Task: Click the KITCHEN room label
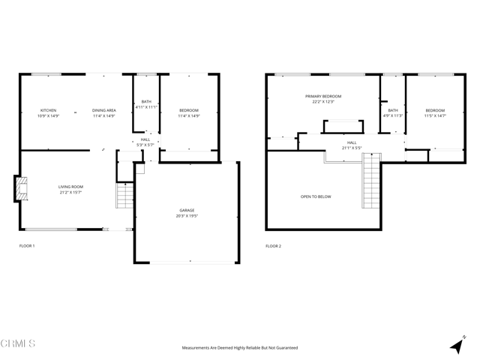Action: point(48,113)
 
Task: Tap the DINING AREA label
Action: point(104,113)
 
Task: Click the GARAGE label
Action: point(187,213)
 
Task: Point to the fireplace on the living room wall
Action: point(20,188)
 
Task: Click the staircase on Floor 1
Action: point(124,196)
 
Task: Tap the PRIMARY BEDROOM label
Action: point(322,99)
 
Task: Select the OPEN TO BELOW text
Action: point(315,196)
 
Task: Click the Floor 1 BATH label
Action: point(146,105)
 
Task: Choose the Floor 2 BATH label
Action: point(393,113)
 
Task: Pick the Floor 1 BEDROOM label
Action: point(188,113)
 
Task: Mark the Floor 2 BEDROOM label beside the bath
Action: point(434,113)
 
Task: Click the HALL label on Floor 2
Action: point(352,145)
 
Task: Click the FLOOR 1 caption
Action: point(27,246)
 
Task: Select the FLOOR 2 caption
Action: point(273,246)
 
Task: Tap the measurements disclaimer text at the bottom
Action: point(240,348)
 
